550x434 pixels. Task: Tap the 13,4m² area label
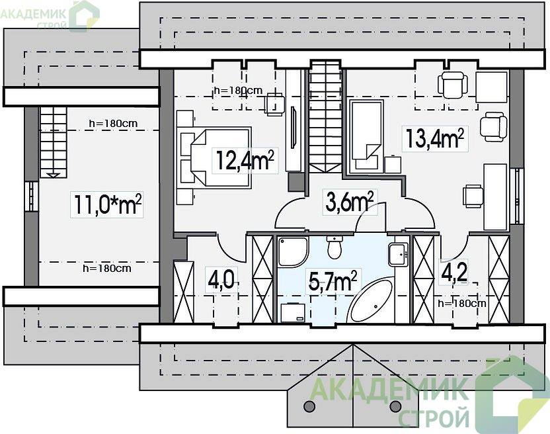(434, 138)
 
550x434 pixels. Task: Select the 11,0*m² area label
(108, 204)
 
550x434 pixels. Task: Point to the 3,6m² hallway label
(349, 202)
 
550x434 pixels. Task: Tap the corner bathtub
(372, 300)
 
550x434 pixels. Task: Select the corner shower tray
(294, 251)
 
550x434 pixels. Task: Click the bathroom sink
(399, 254)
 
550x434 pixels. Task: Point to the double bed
(214, 158)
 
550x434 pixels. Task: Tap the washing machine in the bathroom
(293, 312)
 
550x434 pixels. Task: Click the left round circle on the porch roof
(309, 406)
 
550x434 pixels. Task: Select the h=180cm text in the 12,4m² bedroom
(238, 91)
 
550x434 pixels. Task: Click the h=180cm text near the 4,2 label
(462, 303)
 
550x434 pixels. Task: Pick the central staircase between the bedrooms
(325, 116)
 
